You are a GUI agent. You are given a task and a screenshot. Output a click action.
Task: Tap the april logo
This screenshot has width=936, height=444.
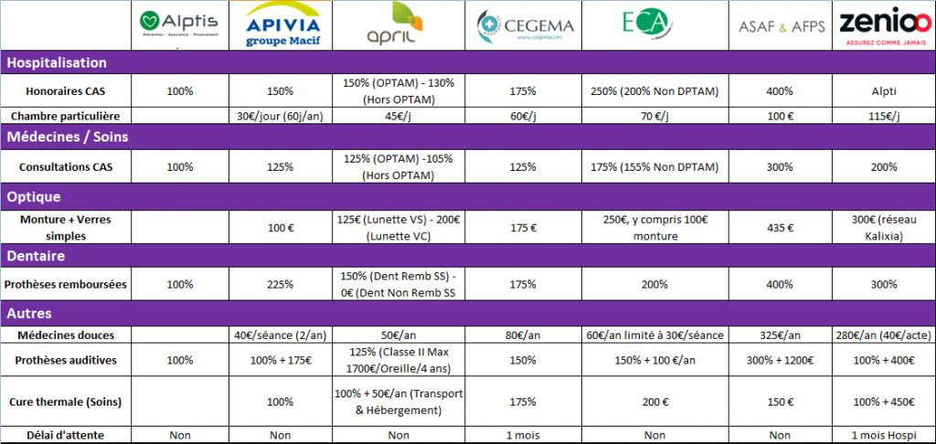coord(398,26)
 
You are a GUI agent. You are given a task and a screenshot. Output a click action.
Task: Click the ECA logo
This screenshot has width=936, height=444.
coord(644,25)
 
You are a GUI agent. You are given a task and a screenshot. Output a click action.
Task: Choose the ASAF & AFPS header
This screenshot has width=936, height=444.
coord(781,26)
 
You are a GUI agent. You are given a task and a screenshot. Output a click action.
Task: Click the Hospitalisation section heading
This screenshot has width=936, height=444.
coord(57,62)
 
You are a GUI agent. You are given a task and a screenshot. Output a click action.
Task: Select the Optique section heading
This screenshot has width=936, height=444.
coord(34,196)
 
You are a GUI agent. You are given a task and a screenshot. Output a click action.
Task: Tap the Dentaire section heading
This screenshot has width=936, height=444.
coord(37,256)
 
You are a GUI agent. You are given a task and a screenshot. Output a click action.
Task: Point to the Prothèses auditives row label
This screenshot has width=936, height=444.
coord(66,360)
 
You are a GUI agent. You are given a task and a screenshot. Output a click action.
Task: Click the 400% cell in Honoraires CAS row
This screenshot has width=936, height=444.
coord(781,90)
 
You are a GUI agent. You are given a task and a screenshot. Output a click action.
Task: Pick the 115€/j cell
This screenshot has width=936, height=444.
coord(883,116)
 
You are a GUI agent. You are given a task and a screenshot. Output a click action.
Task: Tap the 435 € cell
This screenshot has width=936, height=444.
coord(781,226)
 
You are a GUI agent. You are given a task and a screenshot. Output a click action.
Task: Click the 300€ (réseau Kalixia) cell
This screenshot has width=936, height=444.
coord(883,226)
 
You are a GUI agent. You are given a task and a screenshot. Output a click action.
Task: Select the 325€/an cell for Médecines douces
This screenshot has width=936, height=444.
coord(781,335)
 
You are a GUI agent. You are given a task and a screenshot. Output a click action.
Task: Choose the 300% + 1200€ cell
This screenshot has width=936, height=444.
coord(781,360)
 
